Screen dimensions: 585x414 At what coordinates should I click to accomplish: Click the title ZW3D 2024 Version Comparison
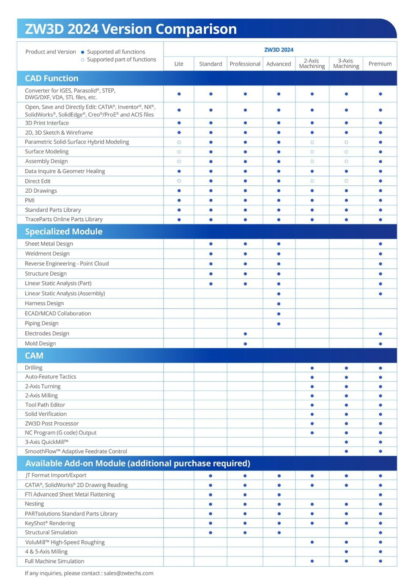131,29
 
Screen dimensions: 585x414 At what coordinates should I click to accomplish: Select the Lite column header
179,64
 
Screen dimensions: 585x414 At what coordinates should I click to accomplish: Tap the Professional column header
245,64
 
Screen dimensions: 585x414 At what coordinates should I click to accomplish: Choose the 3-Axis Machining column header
346,63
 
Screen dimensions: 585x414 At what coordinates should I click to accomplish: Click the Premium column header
380,64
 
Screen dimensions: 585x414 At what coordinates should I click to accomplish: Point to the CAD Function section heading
52,78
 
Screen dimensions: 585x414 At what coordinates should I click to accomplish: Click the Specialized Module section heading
64,231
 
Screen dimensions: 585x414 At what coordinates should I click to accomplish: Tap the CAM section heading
34,355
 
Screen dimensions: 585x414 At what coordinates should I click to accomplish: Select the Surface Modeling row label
46,151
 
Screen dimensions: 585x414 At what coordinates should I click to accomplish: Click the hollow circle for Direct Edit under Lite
179,181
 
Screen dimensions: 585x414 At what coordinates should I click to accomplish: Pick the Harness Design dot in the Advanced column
279,304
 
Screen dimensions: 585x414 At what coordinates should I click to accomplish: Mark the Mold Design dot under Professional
245,344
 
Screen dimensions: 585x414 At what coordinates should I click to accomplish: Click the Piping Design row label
41,323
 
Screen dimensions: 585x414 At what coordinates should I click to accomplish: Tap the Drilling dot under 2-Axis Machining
312,368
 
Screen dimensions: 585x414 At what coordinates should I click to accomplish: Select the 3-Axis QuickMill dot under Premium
380,442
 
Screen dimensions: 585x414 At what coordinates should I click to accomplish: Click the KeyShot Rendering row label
50,523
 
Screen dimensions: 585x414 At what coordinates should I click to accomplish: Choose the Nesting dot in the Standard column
210,504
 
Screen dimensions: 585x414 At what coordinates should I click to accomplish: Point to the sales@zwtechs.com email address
128,573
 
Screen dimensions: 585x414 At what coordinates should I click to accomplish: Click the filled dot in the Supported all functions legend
83,52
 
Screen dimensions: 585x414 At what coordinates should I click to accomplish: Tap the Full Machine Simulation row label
55,561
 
